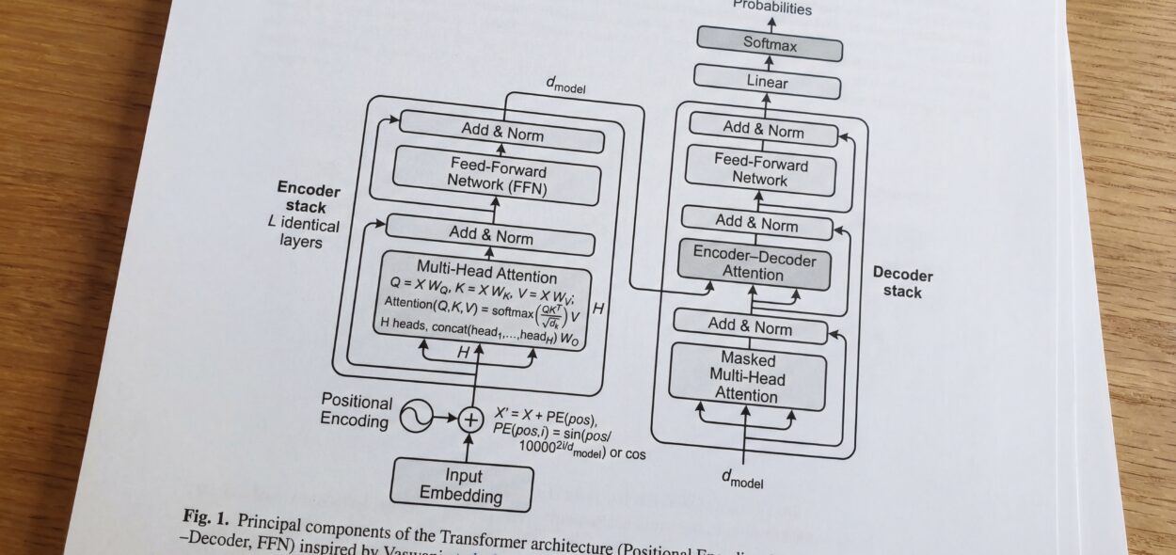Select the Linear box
point(767,84)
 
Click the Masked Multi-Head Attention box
point(748,377)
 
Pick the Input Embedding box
point(462,485)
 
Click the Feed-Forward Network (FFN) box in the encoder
point(496,177)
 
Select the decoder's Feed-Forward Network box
point(760,172)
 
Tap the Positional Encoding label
point(356,410)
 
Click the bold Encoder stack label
point(308,198)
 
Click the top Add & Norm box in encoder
point(502,133)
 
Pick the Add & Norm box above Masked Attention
point(750,327)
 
